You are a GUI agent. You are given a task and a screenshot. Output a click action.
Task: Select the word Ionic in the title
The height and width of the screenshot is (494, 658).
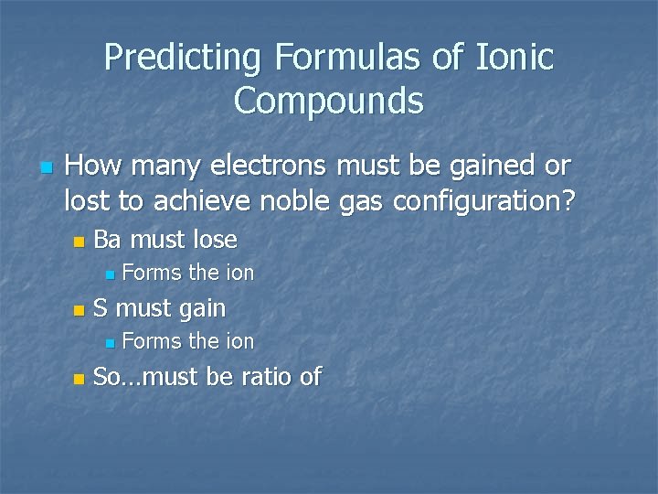tap(515, 58)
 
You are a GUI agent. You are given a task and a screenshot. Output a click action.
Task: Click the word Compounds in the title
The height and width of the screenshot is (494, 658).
tap(329, 101)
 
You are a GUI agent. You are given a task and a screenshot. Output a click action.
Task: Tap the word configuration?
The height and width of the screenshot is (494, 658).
tap(487, 199)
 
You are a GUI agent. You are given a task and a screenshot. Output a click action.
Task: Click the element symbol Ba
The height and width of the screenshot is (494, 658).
tap(108, 240)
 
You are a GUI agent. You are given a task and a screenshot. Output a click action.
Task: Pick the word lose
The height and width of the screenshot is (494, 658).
tap(215, 240)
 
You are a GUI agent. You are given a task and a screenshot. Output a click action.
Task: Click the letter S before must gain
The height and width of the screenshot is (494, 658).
tap(100, 308)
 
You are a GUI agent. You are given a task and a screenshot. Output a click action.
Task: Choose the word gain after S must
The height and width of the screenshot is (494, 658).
tap(202, 309)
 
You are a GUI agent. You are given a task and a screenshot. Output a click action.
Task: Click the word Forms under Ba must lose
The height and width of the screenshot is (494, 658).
tap(152, 273)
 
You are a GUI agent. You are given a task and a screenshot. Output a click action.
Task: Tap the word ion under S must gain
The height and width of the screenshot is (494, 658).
tap(239, 341)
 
